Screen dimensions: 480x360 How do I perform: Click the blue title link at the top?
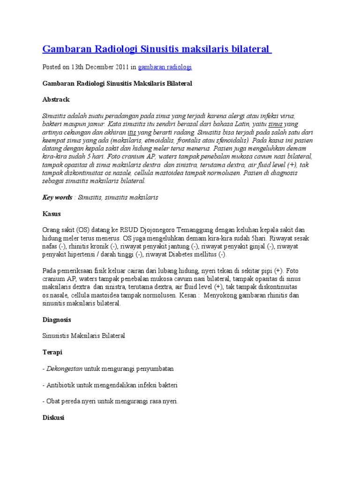pos(157,49)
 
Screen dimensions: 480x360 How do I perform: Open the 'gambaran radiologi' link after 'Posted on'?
pos(165,67)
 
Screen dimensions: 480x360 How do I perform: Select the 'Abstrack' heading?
pos(56,99)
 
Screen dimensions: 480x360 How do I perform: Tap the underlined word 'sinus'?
pos(275,124)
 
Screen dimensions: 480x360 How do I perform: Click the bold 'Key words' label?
pos(57,197)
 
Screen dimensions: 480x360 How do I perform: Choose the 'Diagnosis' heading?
pos(57,320)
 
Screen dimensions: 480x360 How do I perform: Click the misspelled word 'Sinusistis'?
pos(57,336)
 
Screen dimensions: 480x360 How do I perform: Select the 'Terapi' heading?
pos(52,352)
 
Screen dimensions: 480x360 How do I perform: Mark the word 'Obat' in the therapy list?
pos(53,401)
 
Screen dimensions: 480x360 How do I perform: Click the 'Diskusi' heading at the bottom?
pos(53,417)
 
